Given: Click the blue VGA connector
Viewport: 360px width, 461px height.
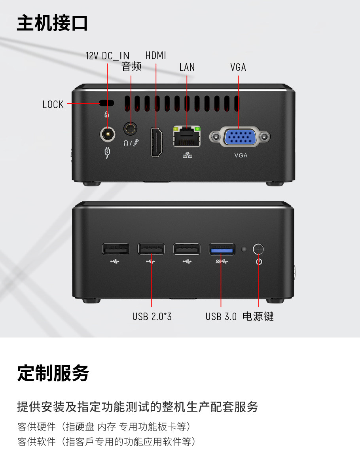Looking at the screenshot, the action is pos(240,137).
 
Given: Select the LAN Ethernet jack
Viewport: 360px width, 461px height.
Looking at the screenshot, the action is pos(187,137).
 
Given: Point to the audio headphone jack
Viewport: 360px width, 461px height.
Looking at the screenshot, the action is pos(130,128).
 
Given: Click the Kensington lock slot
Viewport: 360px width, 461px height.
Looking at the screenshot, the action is pos(106,103).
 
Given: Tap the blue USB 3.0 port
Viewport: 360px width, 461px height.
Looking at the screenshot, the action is pos(222,249).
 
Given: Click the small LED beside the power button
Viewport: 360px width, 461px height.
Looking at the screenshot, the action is pos(244,249).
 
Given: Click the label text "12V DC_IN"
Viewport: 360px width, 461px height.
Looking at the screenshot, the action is pos(107,56).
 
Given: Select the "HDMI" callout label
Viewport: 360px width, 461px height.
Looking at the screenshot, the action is pos(155,55).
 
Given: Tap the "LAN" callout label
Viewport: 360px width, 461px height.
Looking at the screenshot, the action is pos(187,67).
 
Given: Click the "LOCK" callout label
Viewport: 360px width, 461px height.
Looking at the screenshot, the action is pos(53,104).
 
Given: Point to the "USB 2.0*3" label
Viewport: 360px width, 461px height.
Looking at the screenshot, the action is pos(152,317).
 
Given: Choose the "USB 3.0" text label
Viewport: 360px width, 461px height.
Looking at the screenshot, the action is pos(221,317).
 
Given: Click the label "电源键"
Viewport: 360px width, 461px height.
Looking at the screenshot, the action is pos(258,317).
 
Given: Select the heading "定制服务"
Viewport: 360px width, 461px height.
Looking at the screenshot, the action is pos(53,373).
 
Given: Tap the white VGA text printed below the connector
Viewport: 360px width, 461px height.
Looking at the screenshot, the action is pos(241,155).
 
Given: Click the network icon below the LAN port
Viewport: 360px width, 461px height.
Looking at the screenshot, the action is pos(187,155).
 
